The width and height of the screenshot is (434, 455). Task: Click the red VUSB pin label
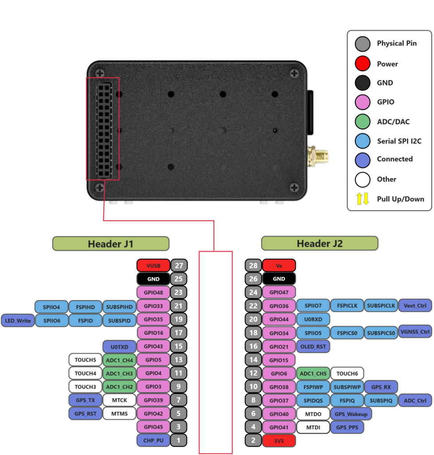[x=153, y=266]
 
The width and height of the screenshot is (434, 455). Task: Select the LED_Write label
[x=18, y=321]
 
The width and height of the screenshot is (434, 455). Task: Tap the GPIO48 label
[x=153, y=292]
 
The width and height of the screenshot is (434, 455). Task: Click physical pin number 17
[x=179, y=333]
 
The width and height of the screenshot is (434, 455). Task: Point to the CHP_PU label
[x=153, y=440]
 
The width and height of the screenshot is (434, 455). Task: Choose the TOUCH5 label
[x=85, y=360]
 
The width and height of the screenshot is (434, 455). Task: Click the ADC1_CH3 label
[x=119, y=373]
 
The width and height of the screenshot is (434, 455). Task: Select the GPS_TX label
[x=85, y=400]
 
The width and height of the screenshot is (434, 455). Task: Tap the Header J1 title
[x=110, y=244]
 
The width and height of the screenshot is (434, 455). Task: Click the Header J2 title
[x=320, y=243]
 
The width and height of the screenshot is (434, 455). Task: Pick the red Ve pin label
[x=279, y=266]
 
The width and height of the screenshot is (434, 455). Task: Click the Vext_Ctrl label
[x=415, y=306]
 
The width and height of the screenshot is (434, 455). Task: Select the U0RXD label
[x=313, y=319]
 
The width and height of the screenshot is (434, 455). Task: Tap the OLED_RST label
[x=313, y=347]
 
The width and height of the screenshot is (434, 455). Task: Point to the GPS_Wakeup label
[x=351, y=414]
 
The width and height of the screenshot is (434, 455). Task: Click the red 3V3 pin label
[x=279, y=441]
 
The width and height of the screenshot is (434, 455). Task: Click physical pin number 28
[x=253, y=266]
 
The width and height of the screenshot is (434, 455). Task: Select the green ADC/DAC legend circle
[x=363, y=122]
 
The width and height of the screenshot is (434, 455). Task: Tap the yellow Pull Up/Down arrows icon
[x=363, y=199]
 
